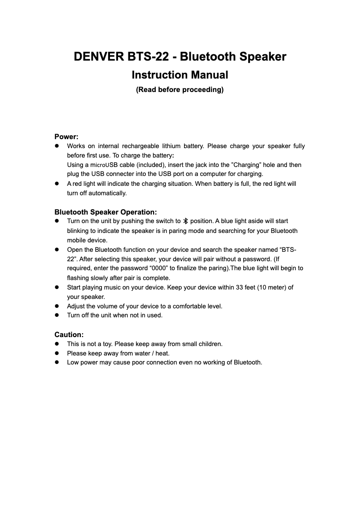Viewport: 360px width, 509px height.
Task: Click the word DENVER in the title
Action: pyautogui.click(x=99, y=57)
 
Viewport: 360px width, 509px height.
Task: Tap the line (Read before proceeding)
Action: pyautogui.click(x=180, y=90)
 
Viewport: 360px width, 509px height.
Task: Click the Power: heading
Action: pyautogui.click(x=66, y=136)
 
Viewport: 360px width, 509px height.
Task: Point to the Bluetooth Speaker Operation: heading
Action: pyautogui.click(x=105, y=212)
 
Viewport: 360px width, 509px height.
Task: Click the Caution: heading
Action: pyautogui.click(x=69, y=335)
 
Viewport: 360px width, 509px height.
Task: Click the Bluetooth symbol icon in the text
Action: pyautogui.click(x=186, y=221)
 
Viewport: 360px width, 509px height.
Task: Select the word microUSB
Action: pyautogui.click(x=99, y=165)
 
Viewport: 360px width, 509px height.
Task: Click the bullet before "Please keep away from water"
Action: pyautogui.click(x=57, y=353)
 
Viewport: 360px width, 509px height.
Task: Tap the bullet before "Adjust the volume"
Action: pyautogui.click(x=57, y=306)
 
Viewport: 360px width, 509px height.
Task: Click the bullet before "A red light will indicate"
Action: pyautogui.click(x=57, y=184)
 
